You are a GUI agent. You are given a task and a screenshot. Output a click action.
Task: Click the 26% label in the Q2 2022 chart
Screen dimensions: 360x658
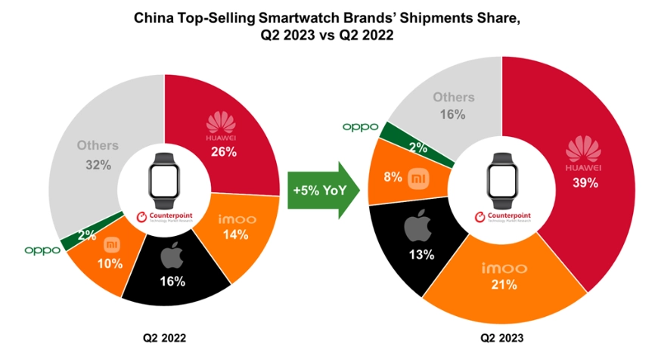click(225, 151)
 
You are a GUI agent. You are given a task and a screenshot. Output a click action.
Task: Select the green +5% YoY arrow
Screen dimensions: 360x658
click(317, 191)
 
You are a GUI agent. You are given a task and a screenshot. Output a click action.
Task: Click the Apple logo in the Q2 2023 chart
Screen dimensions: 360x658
click(420, 227)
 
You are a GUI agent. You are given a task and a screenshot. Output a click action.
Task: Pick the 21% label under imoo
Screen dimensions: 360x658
click(502, 284)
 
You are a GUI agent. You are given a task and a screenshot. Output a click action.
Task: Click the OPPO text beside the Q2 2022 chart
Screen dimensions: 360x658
click(42, 250)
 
